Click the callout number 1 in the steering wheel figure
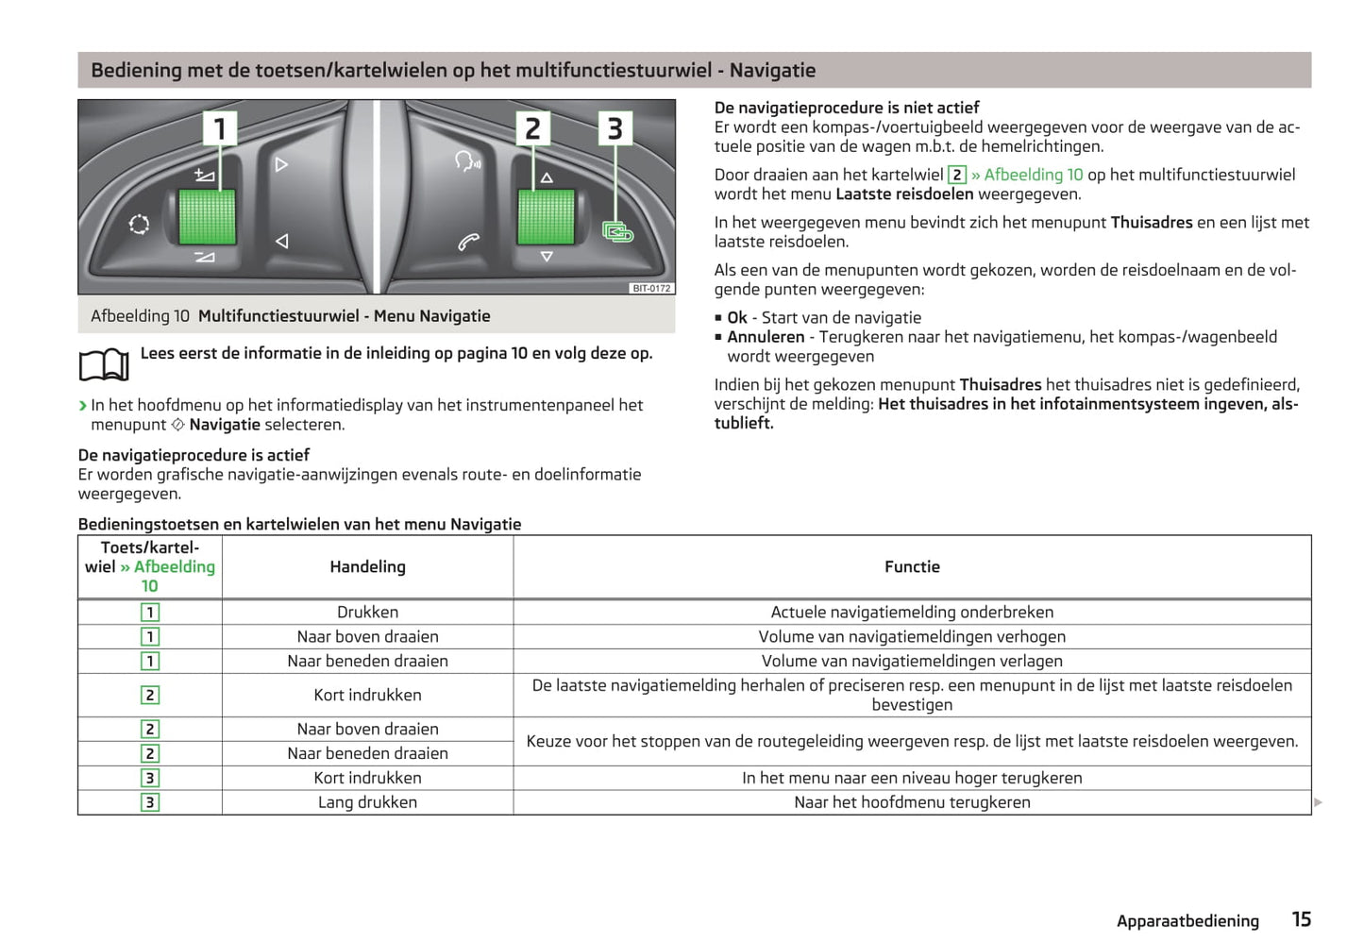pos(219,128)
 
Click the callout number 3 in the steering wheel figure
pos(615,128)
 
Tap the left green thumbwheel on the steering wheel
pos(207,217)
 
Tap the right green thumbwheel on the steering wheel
pos(546,217)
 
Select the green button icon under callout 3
pos(617,231)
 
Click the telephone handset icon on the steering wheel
pos(468,242)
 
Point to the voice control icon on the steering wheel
pos(467,161)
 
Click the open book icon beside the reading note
pos(104,364)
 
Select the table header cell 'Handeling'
pos(367,566)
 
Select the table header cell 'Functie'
pos(912,566)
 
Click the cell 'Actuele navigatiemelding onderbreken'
pos(912,612)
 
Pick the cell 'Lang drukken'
pos(367,802)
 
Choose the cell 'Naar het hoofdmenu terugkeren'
pos(912,802)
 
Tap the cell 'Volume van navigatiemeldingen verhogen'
pos(912,636)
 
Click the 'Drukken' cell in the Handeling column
pos(367,612)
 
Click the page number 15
pos(1301,919)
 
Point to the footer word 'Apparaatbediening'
pos(1187,921)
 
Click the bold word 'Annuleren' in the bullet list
pos(766,337)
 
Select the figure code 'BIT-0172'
pos(651,288)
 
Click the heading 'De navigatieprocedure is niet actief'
pos(846,108)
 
